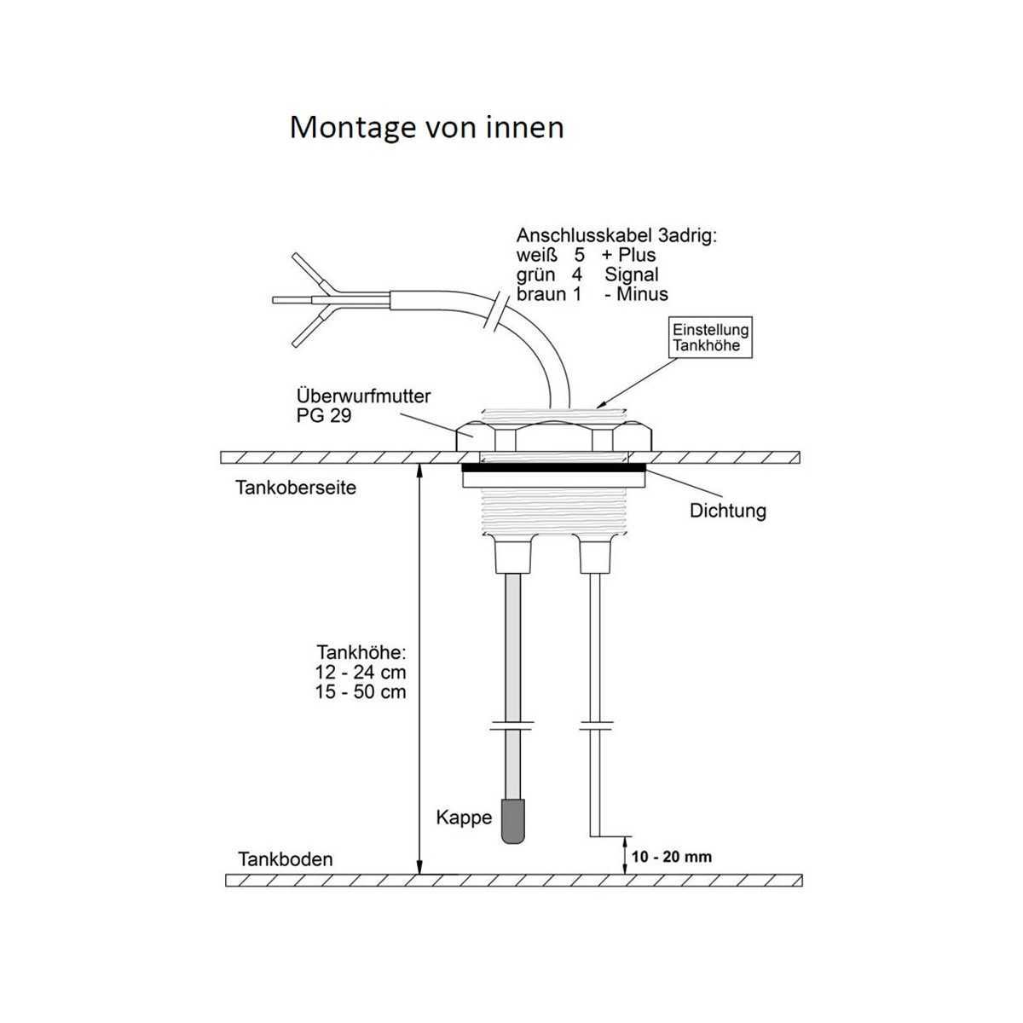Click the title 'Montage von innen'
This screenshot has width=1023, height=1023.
426,128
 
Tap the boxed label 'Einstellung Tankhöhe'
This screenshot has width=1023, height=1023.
710,338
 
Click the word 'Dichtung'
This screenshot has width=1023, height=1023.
727,511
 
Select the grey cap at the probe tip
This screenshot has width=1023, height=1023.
513,828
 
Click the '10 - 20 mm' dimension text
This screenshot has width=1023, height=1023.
672,857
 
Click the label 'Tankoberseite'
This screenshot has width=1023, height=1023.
296,488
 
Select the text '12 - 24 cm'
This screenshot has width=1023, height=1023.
361,673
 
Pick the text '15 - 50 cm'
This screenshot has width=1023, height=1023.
361,692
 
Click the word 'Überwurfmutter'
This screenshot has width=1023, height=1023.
364,396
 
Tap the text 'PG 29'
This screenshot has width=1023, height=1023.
324,416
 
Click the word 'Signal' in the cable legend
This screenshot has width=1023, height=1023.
631,275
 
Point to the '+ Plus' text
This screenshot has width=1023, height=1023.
628,256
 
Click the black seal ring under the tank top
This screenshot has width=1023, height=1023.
554,468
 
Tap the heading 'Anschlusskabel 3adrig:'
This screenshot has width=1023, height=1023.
616,235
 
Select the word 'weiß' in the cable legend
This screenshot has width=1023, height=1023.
537,256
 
